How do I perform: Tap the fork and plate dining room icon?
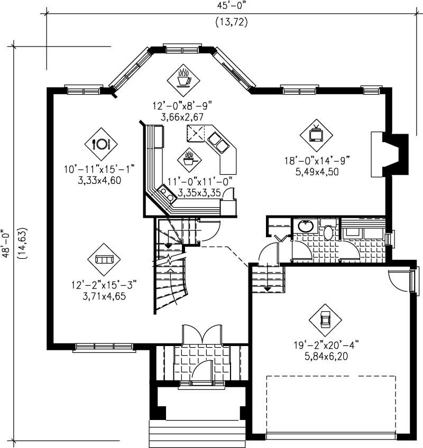[x=100, y=143]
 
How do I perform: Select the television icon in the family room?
[x=316, y=134]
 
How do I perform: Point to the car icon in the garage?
[x=325, y=319]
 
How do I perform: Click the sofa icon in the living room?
[x=104, y=259]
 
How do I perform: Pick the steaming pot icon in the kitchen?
[x=189, y=157]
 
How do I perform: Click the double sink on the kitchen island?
[x=218, y=142]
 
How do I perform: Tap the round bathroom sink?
[x=305, y=227]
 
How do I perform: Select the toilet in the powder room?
[x=328, y=231]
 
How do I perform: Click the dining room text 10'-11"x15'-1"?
[x=99, y=170]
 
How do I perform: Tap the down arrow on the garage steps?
[x=268, y=288]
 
